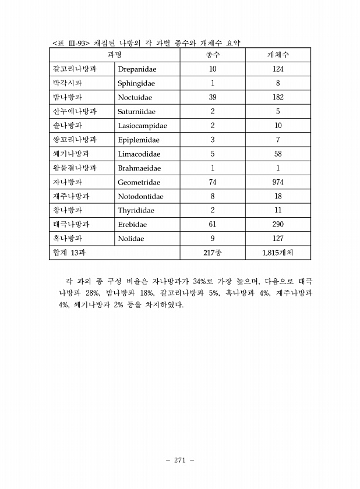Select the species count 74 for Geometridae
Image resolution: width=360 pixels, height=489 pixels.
click(x=213, y=182)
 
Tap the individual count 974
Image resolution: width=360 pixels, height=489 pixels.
click(x=278, y=182)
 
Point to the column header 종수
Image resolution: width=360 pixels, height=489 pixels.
click(x=213, y=55)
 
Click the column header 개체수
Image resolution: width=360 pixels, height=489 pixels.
click(x=278, y=55)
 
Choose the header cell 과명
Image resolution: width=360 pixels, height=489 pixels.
click(x=114, y=55)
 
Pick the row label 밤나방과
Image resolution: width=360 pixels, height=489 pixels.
click(x=63, y=97)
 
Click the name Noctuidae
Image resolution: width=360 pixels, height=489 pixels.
click(x=136, y=97)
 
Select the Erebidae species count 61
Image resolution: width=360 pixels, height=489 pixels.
click(x=213, y=225)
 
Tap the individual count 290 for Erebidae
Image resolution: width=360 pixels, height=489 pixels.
click(x=278, y=225)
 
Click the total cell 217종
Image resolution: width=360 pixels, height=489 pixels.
click(x=213, y=253)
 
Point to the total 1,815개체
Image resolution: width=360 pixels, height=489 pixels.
click(x=278, y=253)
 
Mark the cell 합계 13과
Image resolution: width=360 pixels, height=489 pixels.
click(x=69, y=253)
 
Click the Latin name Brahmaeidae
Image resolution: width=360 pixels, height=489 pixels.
click(x=139, y=168)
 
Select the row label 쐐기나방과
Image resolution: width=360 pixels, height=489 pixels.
click(x=68, y=154)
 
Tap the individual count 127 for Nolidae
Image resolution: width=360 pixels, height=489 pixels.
click(x=278, y=239)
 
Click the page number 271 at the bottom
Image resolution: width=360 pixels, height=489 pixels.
click(x=179, y=460)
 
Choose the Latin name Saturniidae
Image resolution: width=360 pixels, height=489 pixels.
click(x=137, y=112)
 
